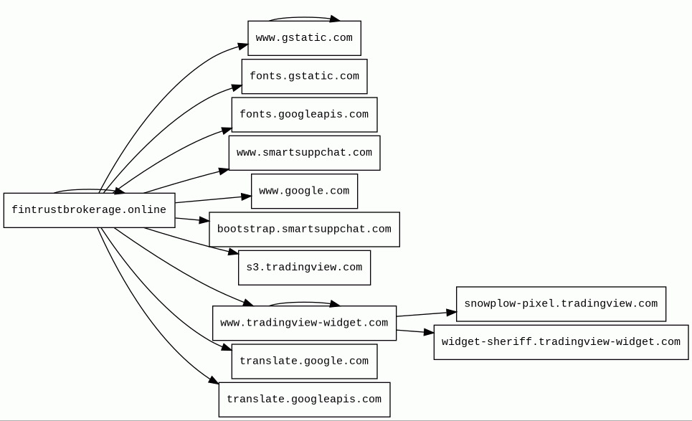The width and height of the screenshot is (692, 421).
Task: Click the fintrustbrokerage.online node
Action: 89,210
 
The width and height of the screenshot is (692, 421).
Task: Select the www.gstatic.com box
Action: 304,38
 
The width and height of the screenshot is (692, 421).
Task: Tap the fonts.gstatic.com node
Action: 304,76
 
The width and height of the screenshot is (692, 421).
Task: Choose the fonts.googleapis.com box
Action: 304,114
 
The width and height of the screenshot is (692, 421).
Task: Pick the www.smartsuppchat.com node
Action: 304,153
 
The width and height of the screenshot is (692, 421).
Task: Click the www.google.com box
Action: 304,191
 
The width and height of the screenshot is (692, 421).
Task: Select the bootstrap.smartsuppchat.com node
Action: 304,229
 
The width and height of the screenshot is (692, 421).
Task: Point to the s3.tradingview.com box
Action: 304,268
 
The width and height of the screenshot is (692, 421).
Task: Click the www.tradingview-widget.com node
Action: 304,323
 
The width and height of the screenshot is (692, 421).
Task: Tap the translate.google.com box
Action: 304,361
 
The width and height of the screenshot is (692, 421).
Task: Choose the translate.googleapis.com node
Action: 304,399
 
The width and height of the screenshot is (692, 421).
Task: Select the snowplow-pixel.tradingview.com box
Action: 561,304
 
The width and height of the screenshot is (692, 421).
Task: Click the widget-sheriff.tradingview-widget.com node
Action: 561,342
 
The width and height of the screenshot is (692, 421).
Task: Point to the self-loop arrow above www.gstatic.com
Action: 304,18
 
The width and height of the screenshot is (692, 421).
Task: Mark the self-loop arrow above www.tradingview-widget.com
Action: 304,303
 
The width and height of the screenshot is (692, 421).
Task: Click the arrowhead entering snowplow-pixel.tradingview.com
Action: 452,313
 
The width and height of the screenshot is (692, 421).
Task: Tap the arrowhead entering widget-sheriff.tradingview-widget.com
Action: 429,332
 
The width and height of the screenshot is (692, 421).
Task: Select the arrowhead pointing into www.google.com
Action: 246,197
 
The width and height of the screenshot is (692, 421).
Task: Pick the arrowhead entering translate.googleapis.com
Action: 214,380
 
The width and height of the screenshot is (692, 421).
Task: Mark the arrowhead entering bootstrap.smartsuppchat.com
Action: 204,219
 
